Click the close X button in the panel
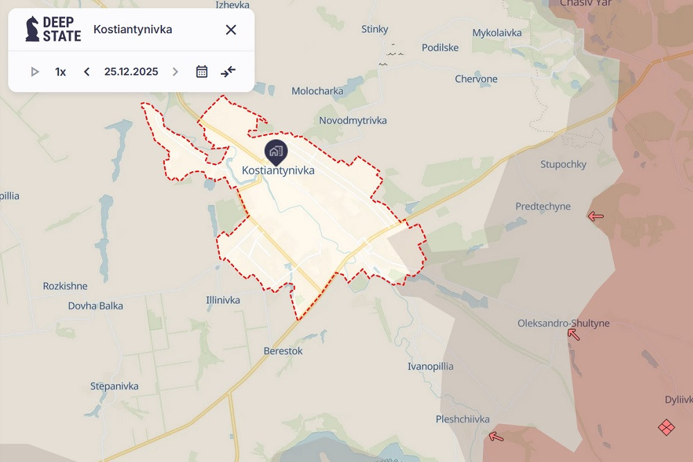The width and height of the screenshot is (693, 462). click(x=231, y=29)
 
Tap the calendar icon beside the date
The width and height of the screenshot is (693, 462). click(x=202, y=71)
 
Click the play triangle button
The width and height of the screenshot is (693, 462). click(x=35, y=71)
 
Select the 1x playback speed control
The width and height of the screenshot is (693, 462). click(x=60, y=71)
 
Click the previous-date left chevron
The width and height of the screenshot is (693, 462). click(x=87, y=71)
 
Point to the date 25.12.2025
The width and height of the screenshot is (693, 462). click(x=131, y=71)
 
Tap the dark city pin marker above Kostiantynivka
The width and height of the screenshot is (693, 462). click(x=276, y=151)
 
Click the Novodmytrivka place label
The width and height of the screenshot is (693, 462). click(x=353, y=121)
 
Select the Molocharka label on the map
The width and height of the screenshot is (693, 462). click(x=317, y=91)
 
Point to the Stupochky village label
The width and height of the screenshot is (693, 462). click(x=563, y=164)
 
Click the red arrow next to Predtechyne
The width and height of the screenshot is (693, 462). click(x=595, y=216)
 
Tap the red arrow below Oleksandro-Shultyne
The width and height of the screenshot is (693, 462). click(x=574, y=334)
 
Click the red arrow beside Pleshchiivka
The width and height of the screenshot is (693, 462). click(x=495, y=436)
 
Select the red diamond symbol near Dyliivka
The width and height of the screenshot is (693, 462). click(x=666, y=427)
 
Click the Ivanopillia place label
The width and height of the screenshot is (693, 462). click(x=430, y=366)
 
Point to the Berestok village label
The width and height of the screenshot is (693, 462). click(x=283, y=351)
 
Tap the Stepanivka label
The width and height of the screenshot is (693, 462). click(x=114, y=386)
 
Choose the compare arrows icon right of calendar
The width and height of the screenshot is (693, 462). click(x=228, y=71)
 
